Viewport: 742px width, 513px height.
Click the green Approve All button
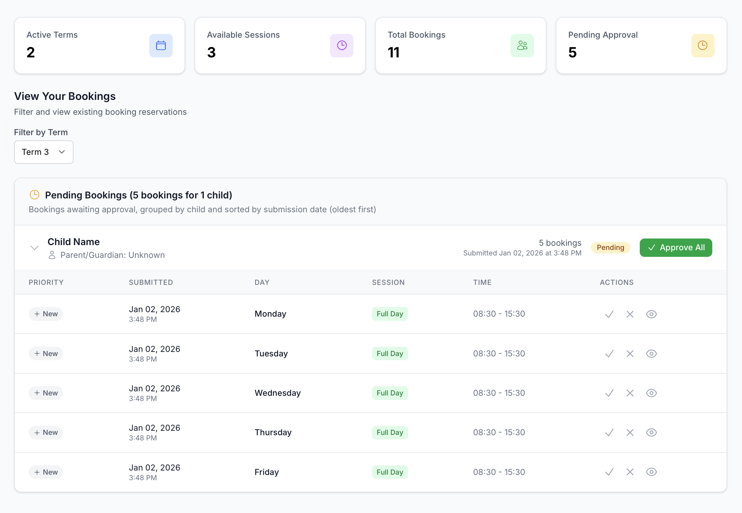(676, 248)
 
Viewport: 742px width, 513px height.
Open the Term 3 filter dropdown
(44, 152)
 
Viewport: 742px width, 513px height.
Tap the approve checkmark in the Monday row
(609, 314)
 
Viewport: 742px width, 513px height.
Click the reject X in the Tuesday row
(630, 354)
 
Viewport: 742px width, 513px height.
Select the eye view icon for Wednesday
(651, 393)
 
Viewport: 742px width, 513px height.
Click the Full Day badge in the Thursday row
(390, 432)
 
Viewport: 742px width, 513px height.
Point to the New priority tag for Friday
(46, 472)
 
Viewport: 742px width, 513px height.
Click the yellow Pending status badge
(610, 248)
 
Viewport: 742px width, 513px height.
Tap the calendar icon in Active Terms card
(161, 46)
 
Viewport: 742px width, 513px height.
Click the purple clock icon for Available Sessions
(342, 46)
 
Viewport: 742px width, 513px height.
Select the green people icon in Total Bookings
(522, 46)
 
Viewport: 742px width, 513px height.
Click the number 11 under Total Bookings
(393, 53)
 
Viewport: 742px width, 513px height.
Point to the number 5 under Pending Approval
(572, 53)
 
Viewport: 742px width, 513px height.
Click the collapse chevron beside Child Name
(35, 248)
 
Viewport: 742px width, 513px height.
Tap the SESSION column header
(388, 282)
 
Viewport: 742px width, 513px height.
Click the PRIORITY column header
(46, 282)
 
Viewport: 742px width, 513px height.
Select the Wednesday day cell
(278, 393)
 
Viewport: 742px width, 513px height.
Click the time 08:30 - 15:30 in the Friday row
(499, 472)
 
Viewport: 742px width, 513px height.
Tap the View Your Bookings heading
(65, 96)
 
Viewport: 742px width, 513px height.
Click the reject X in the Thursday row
(630, 432)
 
